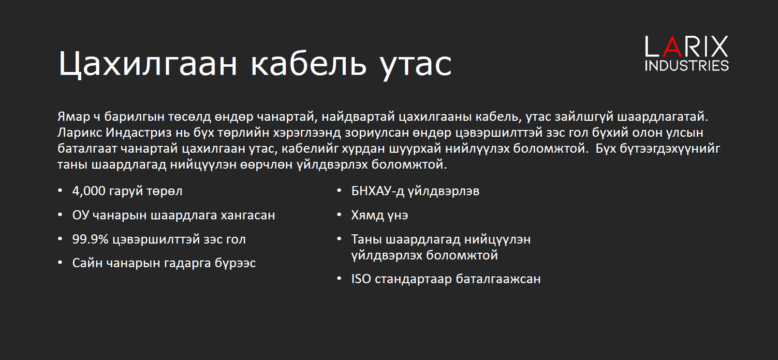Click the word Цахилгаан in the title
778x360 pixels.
(x=148, y=63)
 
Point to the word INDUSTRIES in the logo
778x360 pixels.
(x=687, y=66)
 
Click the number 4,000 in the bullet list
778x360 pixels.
(x=88, y=191)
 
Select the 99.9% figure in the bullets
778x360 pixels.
(x=90, y=239)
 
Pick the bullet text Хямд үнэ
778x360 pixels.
(x=380, y=215)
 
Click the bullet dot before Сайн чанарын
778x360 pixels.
(x=60, y=263)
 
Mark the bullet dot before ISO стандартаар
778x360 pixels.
(x=339, y=279)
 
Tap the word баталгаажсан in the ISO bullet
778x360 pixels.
(x=498, y=279)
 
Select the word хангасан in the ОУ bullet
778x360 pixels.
(x=247, y=215)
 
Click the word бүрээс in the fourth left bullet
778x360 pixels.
(x=235, y=263)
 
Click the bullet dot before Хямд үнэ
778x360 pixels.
(x=339, y=215)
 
